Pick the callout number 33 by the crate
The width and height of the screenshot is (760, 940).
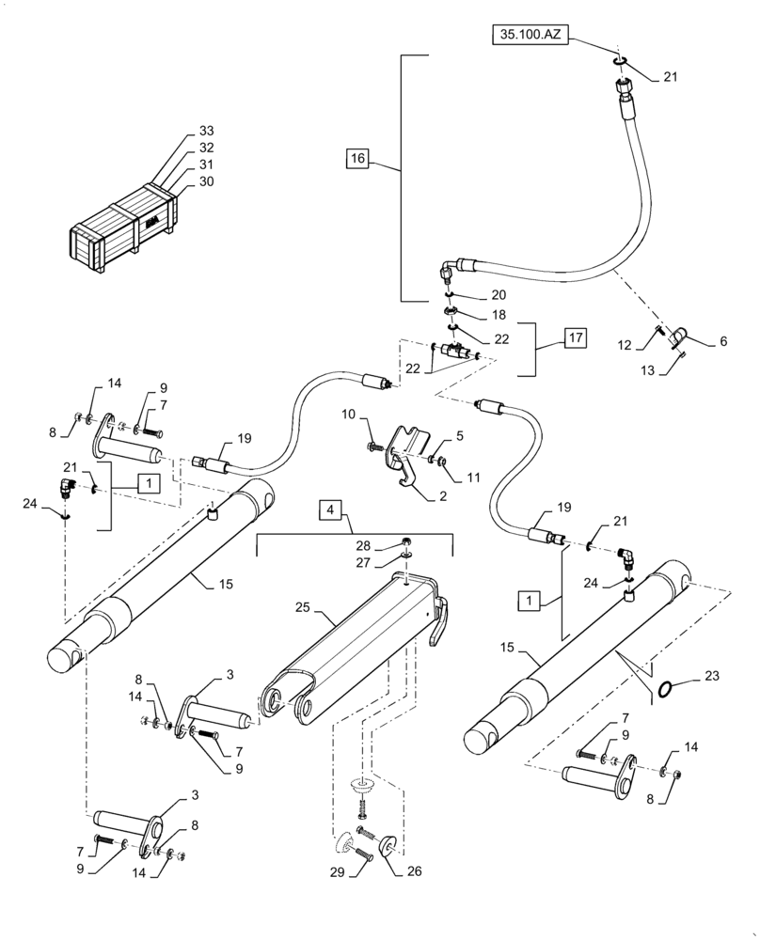[x=207, y=131]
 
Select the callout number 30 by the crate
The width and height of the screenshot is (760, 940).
[x=207, y=182]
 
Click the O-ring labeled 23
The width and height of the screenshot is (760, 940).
[x=666, y=691]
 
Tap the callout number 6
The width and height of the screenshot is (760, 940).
[x=722, y=342]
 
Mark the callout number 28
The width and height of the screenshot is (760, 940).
[x=362, y=545]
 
